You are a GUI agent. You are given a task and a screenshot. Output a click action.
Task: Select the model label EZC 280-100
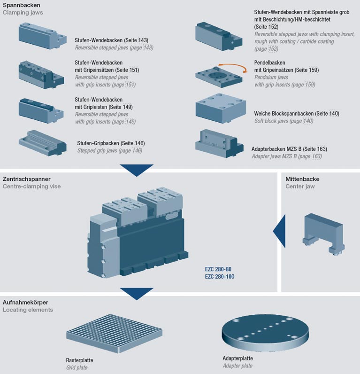(219, 277)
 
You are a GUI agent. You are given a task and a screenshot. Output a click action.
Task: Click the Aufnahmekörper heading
(25, 302)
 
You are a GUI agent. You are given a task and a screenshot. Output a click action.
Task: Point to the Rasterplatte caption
(79, 360)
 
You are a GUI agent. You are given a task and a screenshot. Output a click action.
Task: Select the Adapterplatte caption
(237, 358)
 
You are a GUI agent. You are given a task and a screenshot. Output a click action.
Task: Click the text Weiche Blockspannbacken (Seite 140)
(296, 114)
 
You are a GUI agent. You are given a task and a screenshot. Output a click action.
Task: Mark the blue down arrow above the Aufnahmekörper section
(137, 293)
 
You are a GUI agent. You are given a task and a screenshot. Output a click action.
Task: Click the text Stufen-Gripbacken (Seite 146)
(111, 143)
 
